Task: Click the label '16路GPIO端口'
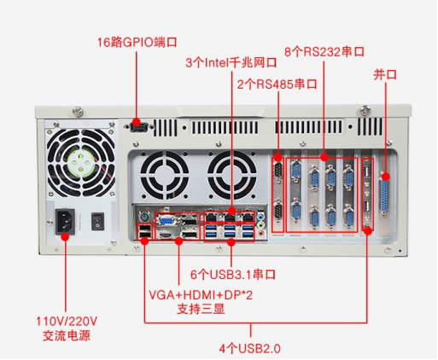pyautogui.click(x=137, y=42)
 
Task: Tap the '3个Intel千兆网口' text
pyautogui.click(x=231, y=62)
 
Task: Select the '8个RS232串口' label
pyautogui.click(x=324, y=52)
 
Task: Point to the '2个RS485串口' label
pyautogui.click(x=277, y=84)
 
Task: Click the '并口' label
pyautogui.click(x=385, y=74)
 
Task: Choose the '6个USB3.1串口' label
pyautogui.click(x=233, y=275)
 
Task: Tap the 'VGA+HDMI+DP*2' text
pyautogui.click(x=201, y=295)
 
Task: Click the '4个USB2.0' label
pyautogui.click(x=250, y=348)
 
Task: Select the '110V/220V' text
pyautogui.click(x=67, y=322)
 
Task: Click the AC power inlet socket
pyautogui.click(x=65, y=222)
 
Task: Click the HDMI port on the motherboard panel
pyautogui.click(x=166, y=235)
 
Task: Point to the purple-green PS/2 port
pyautogui.click(x=144, y=218)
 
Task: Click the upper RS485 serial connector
pyautogui.click(x=278, y=171)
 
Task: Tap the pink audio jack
pyautogui.click(x=260, y=234)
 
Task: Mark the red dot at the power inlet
pyautogui.click(x=65, y=236)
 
